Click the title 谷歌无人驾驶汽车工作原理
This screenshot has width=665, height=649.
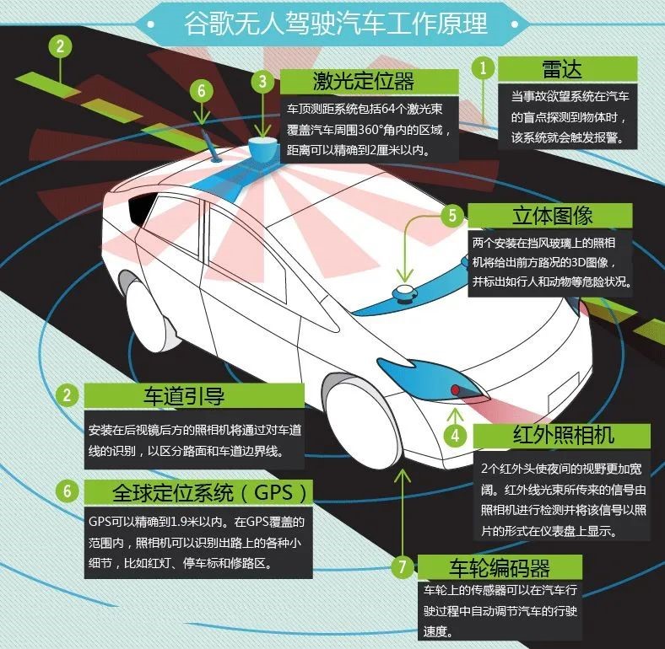click(336, 24)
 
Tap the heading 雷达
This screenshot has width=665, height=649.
click(561, 69)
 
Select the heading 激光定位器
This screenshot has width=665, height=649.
click(364, 81)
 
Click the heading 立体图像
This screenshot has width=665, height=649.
click(552, 216)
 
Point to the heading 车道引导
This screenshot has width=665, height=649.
click(184, 395)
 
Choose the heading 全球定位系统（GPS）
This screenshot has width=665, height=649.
click(209, 493)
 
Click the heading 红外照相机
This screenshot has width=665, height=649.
click(563, 435)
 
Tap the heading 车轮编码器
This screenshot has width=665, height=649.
click(500, 567)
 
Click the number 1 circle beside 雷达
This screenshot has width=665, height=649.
click(483, 67)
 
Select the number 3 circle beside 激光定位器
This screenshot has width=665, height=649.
click(263, 81)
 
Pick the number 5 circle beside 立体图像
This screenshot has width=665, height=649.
click(452, 215)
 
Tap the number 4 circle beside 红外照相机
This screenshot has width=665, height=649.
click(455, 436)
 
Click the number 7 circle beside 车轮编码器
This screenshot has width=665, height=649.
click(403, 566)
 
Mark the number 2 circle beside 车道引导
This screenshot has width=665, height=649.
click(67, 395)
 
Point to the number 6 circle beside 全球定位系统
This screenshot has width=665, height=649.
click(67, 491)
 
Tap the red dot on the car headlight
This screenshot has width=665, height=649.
click(455, 389)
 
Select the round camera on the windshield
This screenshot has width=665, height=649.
click(403, 292)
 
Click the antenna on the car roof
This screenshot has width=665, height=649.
click(211, 147)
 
